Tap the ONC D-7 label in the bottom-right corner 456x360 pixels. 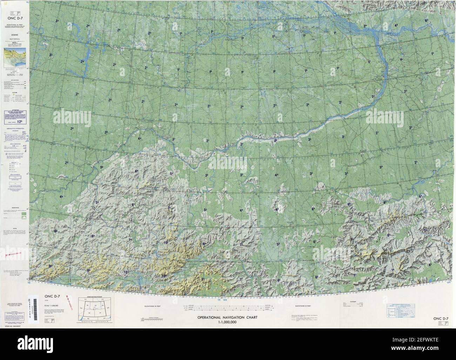pos(441,318)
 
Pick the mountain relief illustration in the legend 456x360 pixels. pos(15,56)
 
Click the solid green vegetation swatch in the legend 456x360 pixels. pos(24,213)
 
